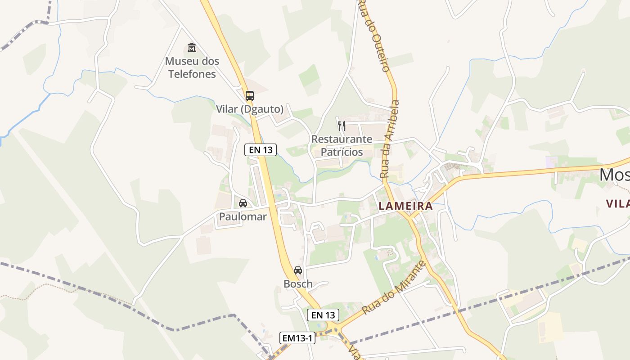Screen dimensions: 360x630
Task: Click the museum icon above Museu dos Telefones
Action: (x=192, y=47)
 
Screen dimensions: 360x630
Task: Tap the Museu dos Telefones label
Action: (x=192, y=67)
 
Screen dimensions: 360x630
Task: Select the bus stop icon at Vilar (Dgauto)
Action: (x=249, y=95)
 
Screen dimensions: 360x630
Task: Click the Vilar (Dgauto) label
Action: (x=250, y=109)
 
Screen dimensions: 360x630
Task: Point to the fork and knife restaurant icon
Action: (x=342, y=126)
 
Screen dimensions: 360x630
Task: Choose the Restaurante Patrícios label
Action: (x=342, y=145)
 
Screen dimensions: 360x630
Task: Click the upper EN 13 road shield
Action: (x=261, y=150)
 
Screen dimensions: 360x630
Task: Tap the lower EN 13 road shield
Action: (x=323, y=315)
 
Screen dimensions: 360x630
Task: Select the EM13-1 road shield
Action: (x=297, y=338)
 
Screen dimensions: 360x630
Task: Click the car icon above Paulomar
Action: (x=243, y=203)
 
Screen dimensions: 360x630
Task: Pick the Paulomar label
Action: (x=243, y=216)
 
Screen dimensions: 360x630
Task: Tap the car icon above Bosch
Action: (x=298, y=270)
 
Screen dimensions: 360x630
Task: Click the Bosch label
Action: (x=298, y=284)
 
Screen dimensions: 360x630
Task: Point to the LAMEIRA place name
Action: (x=405, y=206)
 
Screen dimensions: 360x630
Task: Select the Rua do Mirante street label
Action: (x=394, y=288)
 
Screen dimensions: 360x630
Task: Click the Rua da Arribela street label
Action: (x=390, y=139)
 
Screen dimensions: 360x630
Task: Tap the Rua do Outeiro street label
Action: (x=373, y=36)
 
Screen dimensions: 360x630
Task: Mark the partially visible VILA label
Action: (x=617, y=203)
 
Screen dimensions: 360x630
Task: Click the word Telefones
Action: (x=192, y=74)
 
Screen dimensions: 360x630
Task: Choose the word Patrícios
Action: (x=342, y=152)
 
